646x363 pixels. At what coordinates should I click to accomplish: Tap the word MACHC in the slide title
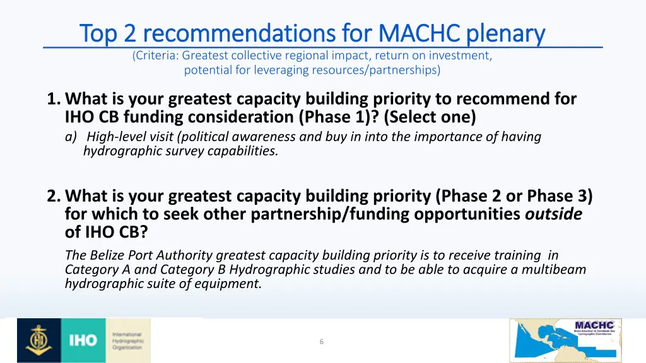tap(413, 33)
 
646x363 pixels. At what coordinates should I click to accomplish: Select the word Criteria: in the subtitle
tap(157, 55)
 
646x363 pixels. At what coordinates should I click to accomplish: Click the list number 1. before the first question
tap(54, 99)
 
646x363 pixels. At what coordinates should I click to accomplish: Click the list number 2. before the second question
tap(54, 197)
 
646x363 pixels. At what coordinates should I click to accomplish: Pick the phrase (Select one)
tap(429, 117)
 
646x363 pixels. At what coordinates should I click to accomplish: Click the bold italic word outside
tap(553, 215)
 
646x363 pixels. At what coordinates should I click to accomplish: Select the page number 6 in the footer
tap(322, 342)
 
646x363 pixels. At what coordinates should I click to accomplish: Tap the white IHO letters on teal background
tap(83, 341)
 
